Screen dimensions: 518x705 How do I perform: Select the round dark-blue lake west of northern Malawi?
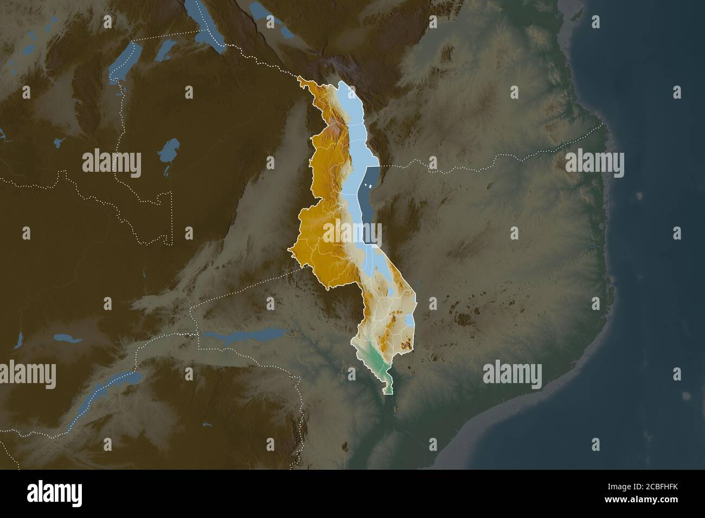(x=170, y=147)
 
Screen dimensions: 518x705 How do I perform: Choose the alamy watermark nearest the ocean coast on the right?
(x=594, y=163)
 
